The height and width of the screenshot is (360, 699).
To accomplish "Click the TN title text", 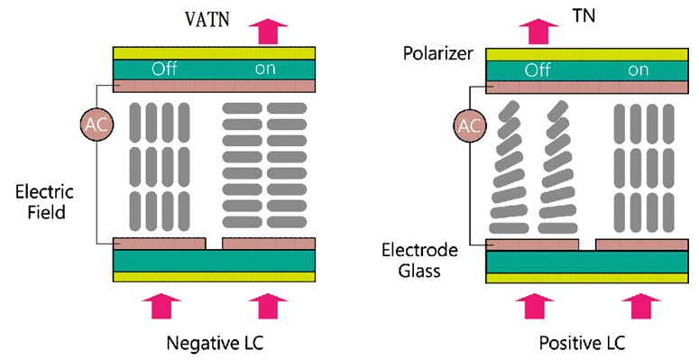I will [x=589, y=16].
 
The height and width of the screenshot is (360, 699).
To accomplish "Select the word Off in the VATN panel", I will [x=164, y=69].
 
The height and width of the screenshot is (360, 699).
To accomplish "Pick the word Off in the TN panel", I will [x=538, y=69].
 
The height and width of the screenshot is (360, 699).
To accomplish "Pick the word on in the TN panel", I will [x=639, y=69].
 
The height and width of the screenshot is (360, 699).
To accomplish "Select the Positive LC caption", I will [x=582, y=343].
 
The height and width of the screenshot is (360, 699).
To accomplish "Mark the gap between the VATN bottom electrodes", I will [x=214, y=244].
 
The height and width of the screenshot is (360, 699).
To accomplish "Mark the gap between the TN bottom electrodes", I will [x=587, y=245].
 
